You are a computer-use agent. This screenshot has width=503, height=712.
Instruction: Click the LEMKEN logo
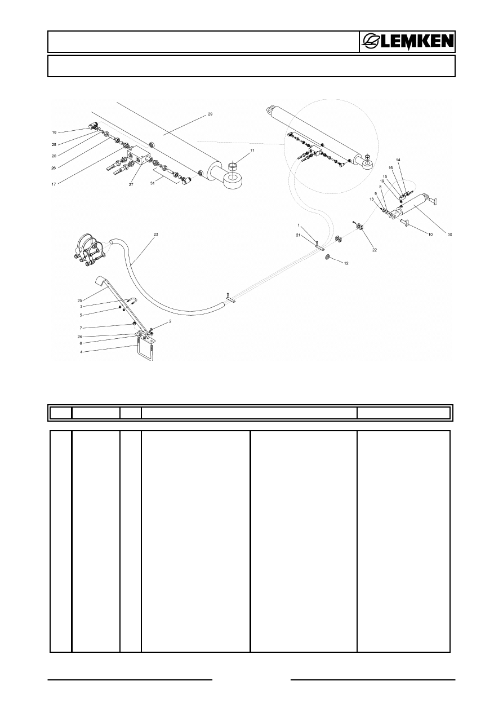coord(407,42)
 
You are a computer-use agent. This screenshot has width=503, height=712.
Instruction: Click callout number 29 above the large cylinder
coord(210,114)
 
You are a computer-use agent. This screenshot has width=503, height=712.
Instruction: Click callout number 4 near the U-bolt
coord(82,352)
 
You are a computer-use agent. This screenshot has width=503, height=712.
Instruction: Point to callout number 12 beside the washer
coord(346,264)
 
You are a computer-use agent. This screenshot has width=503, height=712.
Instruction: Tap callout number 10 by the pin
coord(430,235)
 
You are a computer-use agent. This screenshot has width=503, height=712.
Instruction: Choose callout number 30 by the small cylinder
coord(449,235)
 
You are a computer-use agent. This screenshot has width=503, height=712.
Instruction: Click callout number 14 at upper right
coord(398,160)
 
